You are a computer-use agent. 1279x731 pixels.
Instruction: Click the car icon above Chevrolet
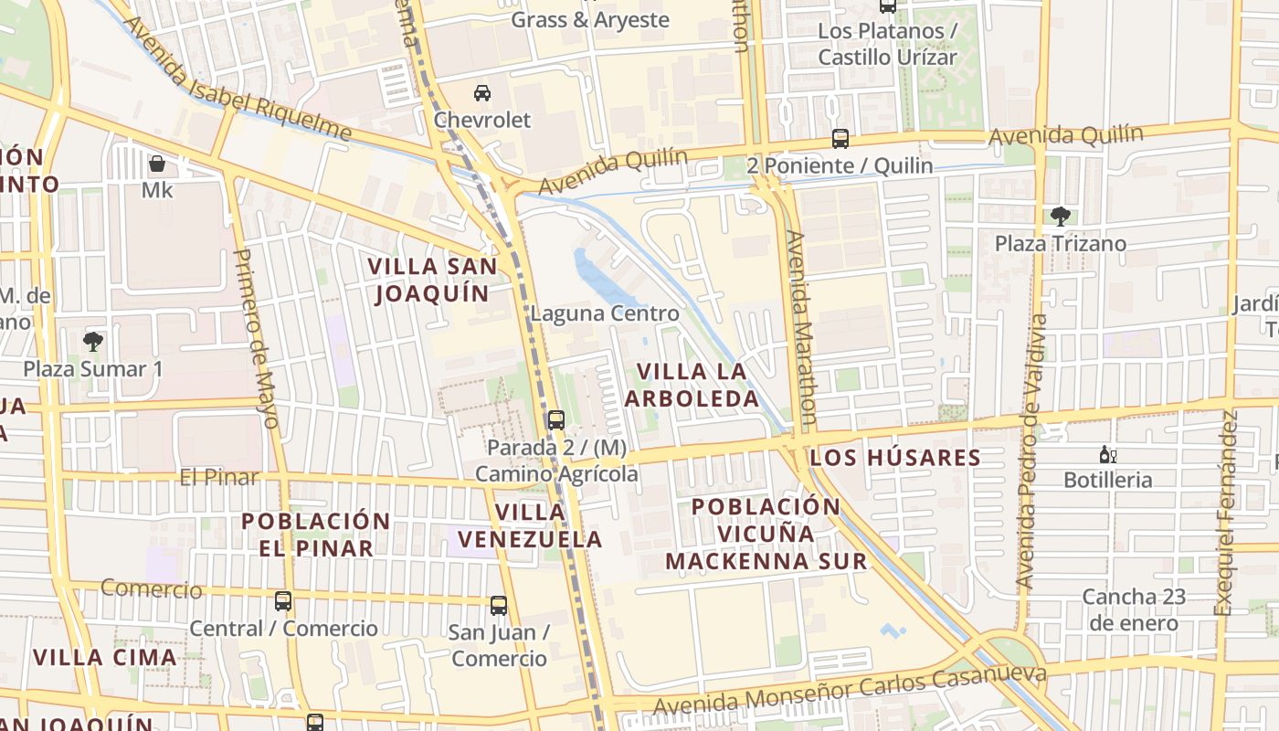(x=482, y=92)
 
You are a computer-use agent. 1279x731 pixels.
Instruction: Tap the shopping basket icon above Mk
(x=157, y=164)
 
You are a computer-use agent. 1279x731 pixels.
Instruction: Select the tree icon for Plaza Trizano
(x=1060, y=217)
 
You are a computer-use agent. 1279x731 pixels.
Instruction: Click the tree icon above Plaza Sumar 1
(x=92, y=342)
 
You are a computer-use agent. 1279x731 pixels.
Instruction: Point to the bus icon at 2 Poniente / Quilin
(x=840, y=139)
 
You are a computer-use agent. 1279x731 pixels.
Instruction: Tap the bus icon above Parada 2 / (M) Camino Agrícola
(x=555, y=420)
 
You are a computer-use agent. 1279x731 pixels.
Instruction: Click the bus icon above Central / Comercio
(x=283, y=601)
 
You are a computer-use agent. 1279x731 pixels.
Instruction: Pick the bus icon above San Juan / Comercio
(x=498, y=605)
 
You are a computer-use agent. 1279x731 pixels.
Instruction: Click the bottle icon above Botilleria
(x=1107, y=454)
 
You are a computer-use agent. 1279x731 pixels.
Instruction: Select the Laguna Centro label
(x=605, y=314)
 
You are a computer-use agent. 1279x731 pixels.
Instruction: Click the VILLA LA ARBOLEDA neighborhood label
(x=692, y=385)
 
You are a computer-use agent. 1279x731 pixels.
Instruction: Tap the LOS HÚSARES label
(x=895, y=458)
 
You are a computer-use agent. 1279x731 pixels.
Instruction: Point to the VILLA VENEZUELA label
(x=530, y=525)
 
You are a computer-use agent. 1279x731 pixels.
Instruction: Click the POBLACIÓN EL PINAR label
(x=315, y=535)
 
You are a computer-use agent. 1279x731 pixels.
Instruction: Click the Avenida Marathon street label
(x=800, y=324)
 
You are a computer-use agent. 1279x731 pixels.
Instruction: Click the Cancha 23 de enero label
(x=1133, y=610)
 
